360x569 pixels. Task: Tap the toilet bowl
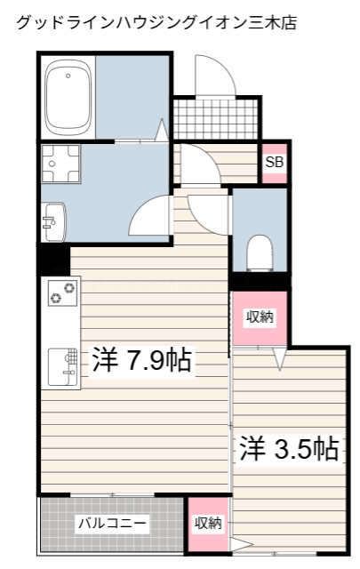click(260, 252)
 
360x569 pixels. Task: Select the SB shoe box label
click(275, 163)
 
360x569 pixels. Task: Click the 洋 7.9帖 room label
click(142, 360)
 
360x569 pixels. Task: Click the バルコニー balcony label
click(111, 524)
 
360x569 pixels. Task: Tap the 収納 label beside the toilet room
click(260, 317)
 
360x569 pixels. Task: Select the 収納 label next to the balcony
click(208, 524)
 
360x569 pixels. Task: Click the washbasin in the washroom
click(53, 220)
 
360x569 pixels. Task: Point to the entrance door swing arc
click(215, 76)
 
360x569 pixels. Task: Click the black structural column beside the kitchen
click(52, 259)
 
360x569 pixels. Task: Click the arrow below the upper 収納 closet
click(279, 359)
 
